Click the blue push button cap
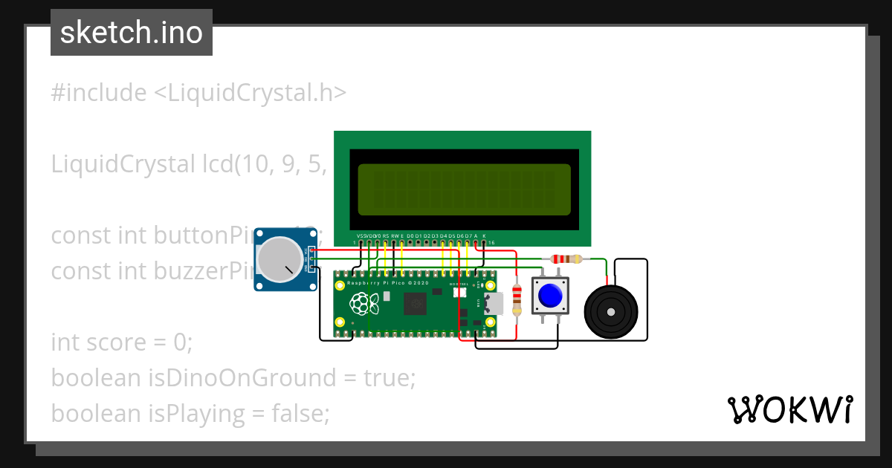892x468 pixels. click(550, 296)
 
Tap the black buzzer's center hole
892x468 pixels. click(611, 311)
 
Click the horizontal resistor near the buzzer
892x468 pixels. click(566, 259)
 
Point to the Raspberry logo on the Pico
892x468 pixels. click(362, 302)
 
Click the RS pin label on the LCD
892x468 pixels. click(385, 236)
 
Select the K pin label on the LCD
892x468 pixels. click(484, 236)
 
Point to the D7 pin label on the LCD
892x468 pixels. click(468, 236)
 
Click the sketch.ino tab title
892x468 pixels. click(132, 33)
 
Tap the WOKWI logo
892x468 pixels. click(789, 409)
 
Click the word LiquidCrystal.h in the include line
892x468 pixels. click(250, 93)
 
